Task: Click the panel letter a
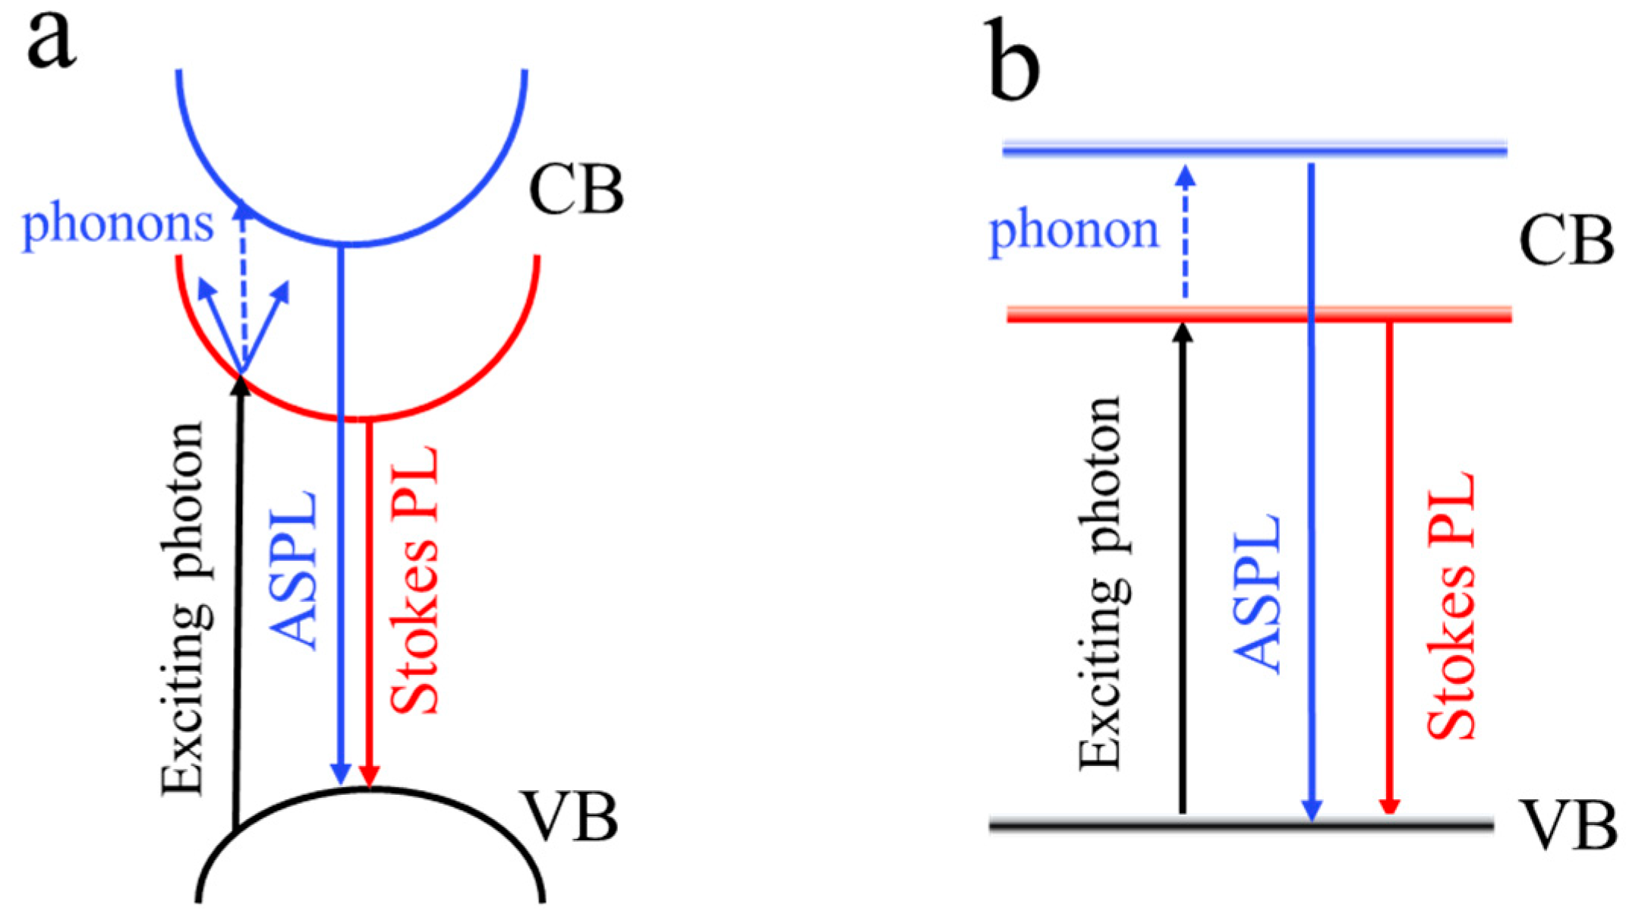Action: point(52,43)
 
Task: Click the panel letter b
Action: point(1015,64)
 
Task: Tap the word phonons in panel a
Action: point(118,225)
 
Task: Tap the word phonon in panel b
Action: point(1073,231)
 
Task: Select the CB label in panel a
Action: point(576,189)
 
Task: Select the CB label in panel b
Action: point(1565,241)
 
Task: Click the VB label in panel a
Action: point(569,817)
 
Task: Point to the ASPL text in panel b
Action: point(1257,594)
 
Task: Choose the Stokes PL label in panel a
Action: point(414,581)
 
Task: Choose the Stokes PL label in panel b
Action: point(1451,605)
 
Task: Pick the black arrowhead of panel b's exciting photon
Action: point(1183,332)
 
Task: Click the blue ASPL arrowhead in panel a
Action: point(341,776)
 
